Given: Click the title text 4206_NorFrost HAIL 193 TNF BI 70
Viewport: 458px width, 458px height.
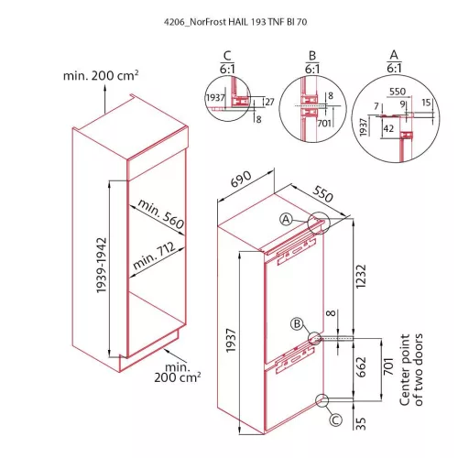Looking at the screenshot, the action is click(235, 22).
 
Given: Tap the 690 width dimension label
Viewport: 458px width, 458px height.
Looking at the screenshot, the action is click(241, 179).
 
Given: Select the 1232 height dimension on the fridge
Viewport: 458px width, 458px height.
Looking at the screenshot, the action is click(361, 277).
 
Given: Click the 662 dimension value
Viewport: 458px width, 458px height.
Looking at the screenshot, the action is click(361, 366).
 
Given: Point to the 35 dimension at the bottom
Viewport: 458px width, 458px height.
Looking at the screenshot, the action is click(361, 423).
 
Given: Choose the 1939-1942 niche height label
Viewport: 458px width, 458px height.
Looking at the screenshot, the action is click(102, 266).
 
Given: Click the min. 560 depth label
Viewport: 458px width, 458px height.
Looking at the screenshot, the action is click(161, 213).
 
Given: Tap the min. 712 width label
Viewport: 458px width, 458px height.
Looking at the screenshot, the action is click(155, 256).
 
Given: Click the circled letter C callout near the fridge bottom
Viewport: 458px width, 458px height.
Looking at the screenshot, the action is click(335, 420).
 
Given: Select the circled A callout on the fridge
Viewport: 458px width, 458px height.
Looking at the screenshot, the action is click(286, 219).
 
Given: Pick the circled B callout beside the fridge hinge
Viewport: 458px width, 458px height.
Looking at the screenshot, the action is click(297, 323).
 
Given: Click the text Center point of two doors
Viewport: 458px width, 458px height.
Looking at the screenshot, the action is click(411, 370).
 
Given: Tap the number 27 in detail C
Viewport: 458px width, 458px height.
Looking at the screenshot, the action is click(269, 102).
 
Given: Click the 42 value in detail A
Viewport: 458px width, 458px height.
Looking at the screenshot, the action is click(388, 128).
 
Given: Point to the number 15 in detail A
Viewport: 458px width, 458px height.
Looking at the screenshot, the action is click(426, 103).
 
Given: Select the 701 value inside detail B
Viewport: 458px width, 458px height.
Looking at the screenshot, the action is click(324, 123).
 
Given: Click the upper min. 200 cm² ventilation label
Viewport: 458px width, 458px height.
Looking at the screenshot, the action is click(101, 75).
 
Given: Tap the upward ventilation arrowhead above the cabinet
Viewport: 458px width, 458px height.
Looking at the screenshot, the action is click(104, 88).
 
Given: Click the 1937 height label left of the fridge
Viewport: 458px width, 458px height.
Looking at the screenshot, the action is click(231, 341).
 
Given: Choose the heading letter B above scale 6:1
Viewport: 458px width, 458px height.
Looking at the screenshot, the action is click(312, 56).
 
